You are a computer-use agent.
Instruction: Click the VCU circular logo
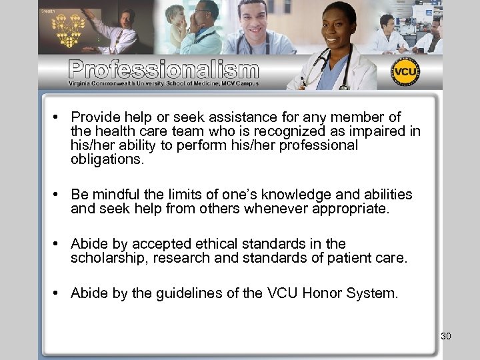(x=405, y=72)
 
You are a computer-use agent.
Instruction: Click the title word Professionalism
(x=163, y=69)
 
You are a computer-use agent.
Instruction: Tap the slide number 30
(x=446, y=336)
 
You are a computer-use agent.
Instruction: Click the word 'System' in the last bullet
(x=373, y=291)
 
